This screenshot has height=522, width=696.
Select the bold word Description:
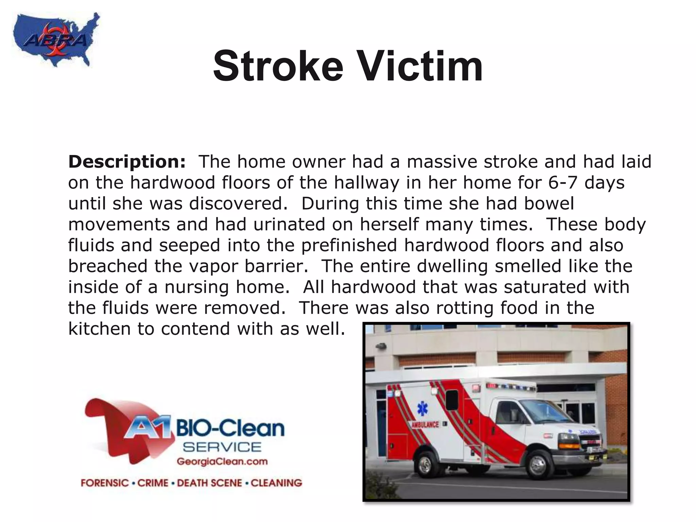coord(127,162)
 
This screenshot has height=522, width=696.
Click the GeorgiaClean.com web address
coord(222,462)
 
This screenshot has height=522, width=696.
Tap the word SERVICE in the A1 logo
coord(222,447)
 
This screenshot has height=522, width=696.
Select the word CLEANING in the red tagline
coord(276,483)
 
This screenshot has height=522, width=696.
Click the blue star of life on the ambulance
coord(422,409)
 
